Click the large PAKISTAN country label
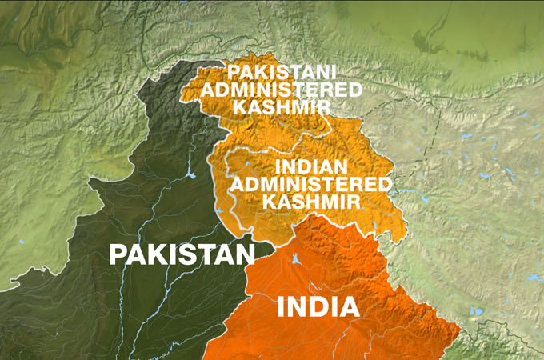[x=181, y=254]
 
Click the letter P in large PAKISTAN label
[x=118, y=254]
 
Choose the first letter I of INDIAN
[x=278, y=167]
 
